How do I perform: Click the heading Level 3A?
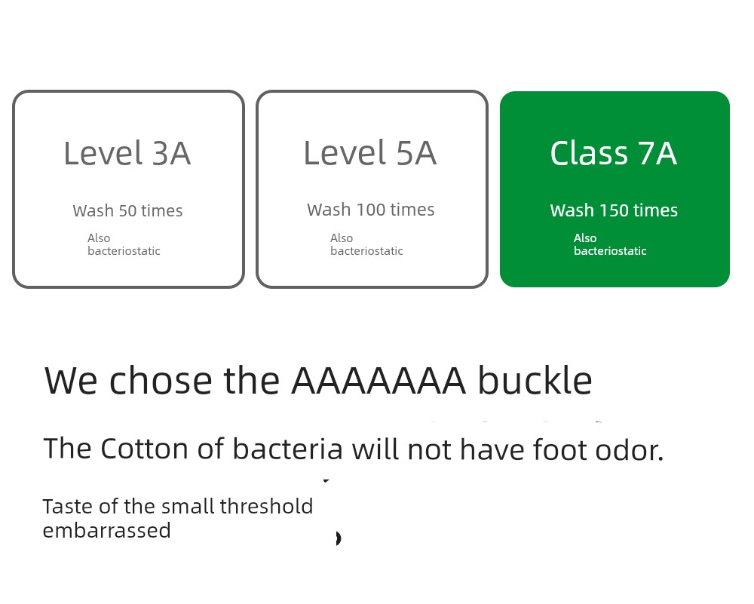tap(127, 153)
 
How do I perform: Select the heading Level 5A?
tap(369, 153)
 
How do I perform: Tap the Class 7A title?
tap(614, 153)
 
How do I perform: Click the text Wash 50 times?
tap(127, 210)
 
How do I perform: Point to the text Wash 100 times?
tap(371, 210)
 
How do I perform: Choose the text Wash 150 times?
tap(614, 210)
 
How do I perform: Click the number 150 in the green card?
tap(614, 210)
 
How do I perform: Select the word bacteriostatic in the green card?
tap(610, 250)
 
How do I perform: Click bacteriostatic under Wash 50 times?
tap(124, 250)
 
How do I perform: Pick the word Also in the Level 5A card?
tap(342, 238)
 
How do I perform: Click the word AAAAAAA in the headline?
tap(379, 380)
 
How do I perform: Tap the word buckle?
tap(535, 379)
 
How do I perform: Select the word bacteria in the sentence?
tap(287, 449)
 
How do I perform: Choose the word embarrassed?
tap(107, 530)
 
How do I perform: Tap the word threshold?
tap(266, 507)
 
